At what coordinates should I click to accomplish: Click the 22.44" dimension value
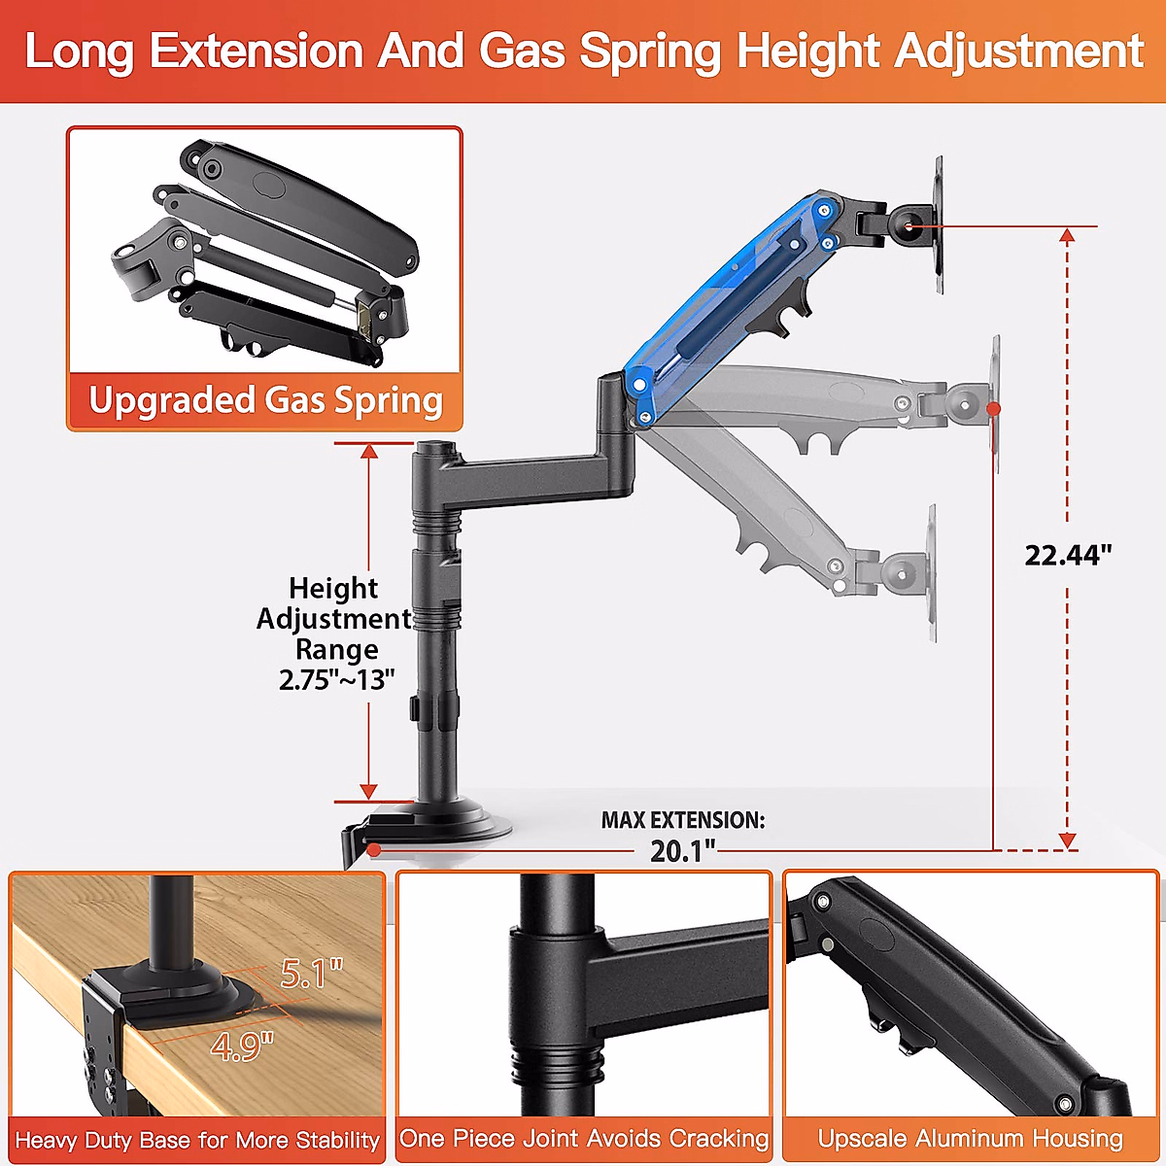[x=1068, y=555]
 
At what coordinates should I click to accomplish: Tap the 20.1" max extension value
[x=682, y=851]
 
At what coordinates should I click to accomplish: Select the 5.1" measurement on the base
[x=312, y=973]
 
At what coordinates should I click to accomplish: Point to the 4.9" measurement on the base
[x=242, y=1046]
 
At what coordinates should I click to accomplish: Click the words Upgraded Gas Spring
[x=265, y=400]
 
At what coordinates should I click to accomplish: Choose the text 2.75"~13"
[x=336, y=680]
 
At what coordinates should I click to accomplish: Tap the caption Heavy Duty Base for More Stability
[x=197, y=1140]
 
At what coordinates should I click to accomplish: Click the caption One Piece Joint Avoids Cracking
[x=584, y=1138]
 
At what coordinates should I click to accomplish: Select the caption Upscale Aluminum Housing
[x=970, y=1138]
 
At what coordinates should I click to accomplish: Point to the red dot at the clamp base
[x=374, y=850]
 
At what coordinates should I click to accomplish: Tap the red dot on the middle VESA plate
[x=993, y=410]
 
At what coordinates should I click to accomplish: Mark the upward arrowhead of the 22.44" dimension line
[x=1067, y=236]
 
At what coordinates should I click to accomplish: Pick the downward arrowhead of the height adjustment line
[x=368, y=791]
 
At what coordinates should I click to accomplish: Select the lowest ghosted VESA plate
[x=932, y=573]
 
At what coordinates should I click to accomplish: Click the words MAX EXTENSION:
[x=682, y=820]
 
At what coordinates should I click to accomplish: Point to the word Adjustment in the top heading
[x=1018, y=51]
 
